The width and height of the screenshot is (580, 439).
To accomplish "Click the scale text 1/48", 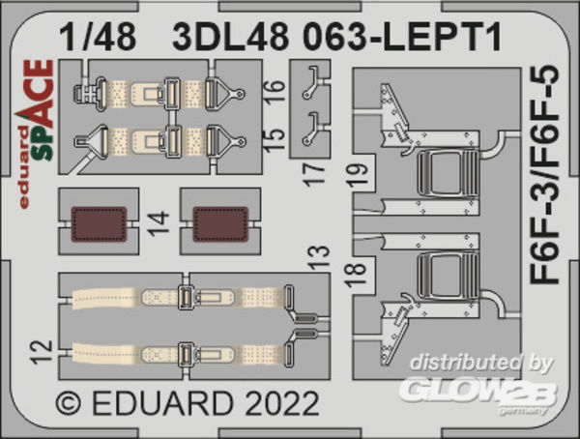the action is (98, 37).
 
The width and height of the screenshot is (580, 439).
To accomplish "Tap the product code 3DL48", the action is (230, 37).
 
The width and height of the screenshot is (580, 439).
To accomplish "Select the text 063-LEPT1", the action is (402, 37).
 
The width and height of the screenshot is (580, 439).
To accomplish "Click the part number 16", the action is (275, 90).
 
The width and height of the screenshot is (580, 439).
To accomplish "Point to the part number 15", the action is (275, 139).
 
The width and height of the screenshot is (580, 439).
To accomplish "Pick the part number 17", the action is (313, 174).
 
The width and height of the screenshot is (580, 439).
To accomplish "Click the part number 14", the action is (159, 223).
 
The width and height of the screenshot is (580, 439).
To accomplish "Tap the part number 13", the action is (318, 256).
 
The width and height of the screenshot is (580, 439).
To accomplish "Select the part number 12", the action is (42, 352).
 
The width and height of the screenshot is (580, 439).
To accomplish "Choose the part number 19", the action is (359, 175).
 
